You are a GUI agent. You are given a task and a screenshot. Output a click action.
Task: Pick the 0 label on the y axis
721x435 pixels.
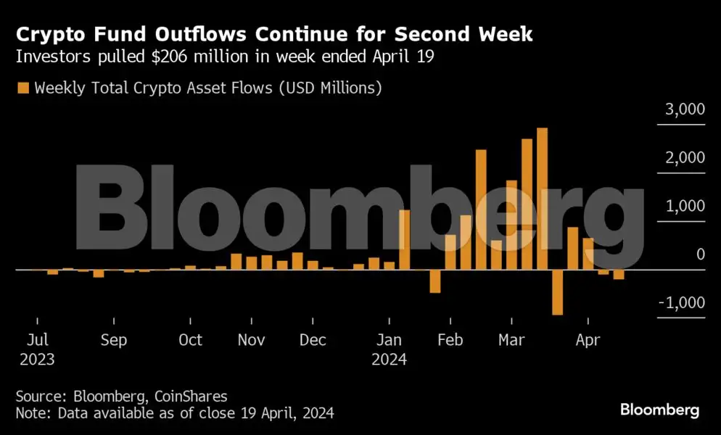pyautogui.click(x=700, y=254)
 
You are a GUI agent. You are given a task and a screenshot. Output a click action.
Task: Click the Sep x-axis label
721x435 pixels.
pyautogui.click(x=113, y=340)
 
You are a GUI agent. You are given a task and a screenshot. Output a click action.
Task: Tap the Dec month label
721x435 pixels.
pyautogui.click(x=313, y=340)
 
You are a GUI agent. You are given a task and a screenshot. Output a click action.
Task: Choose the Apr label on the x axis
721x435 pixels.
pyautogui.click(x=588, y=340)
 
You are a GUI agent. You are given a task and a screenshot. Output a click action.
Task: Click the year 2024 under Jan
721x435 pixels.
pyautogui.click(x=390, y=359)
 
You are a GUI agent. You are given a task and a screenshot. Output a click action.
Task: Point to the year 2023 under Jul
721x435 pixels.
pyautogui.click(x=37, y=359)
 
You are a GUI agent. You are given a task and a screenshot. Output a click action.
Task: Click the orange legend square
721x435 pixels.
pyautogui.click(x=22, y=88)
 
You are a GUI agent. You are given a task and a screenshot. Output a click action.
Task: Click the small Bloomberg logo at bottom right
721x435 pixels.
pyautogui.click(x=659, y=410)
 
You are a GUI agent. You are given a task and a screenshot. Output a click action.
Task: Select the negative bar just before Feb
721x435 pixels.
pyautogui.click(x=435, y=281)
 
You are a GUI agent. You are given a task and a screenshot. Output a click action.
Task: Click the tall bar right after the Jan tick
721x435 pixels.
pyautogui.click(x=405, y=239)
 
